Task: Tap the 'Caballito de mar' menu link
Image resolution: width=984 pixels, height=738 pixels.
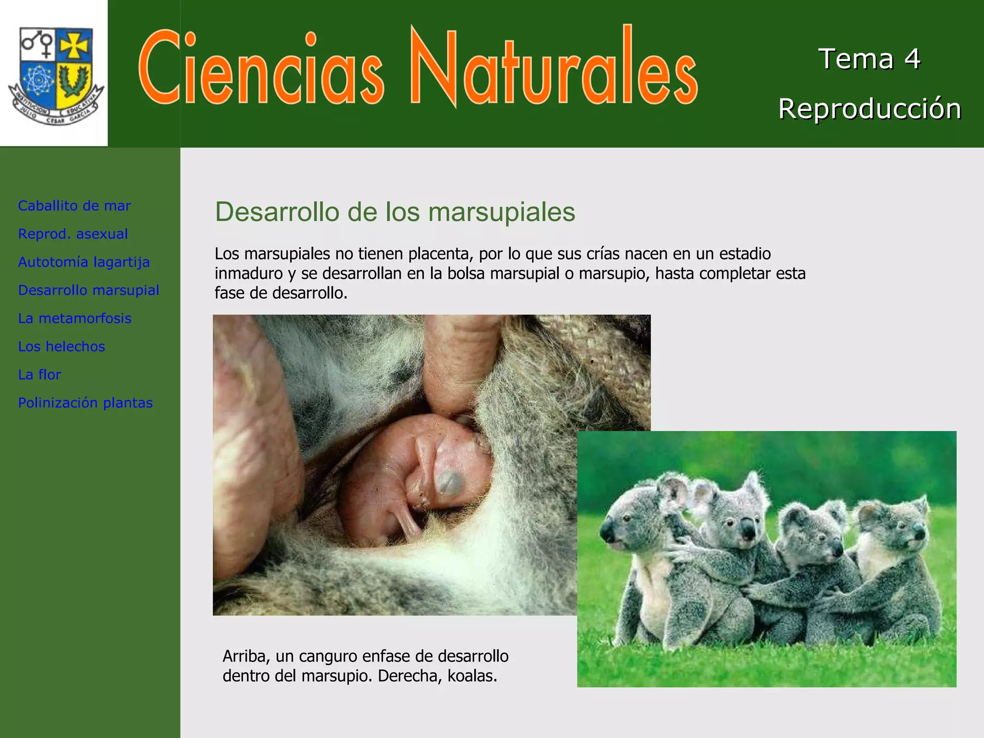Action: click(74, 206)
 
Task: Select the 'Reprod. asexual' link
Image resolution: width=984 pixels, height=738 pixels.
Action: click(73, 234)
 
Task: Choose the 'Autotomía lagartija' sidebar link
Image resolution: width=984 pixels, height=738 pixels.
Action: click(84, 262)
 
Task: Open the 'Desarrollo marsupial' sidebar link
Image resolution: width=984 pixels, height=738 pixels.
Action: click(89, 290)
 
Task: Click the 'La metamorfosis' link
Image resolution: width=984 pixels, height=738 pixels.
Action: click(75, 318)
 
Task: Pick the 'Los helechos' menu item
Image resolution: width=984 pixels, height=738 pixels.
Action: click(61, 346)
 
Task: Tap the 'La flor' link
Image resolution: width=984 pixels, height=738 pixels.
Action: click(40, 374)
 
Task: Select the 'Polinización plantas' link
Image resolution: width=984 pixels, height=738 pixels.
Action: click(86, 403)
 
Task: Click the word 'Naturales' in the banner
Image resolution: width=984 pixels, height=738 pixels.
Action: click(553, 67)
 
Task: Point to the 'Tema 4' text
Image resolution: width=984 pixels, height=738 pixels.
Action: click(869, 59)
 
